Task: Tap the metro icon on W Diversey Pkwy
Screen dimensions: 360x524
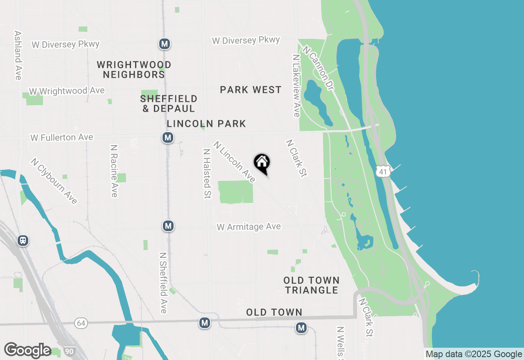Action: [x=165, y=44]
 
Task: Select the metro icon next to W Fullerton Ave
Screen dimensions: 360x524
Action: [x=167, y=137]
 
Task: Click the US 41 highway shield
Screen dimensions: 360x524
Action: [x=383, y=172]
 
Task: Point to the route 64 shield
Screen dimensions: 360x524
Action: [x=81, y=324]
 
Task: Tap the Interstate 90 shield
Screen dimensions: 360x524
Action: [x=69, y=351]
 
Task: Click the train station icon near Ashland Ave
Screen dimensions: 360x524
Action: [x=23, y=240]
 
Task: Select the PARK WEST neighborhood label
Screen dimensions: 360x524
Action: [x=251, y=90]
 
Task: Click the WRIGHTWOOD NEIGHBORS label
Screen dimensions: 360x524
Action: [x=134, y=70]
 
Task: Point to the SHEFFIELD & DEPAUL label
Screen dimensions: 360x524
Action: [x=169, y=103]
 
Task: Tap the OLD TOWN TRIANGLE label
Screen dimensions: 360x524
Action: [x=312, y=285]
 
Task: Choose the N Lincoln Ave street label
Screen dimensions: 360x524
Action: [x=235, y=162]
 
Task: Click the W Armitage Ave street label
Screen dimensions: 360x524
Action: [x=249, y=227]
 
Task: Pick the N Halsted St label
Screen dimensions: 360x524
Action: [x=207, y=173]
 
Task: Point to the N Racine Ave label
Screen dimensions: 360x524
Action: [x=114, y=171]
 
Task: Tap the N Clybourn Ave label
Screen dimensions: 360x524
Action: [x=54, y=180]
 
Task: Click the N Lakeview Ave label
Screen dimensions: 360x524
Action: [x=296, y=86]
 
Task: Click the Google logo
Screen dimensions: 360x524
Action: [x=27, y=350]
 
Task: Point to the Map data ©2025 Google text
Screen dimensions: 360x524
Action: [x=473, y=354]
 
